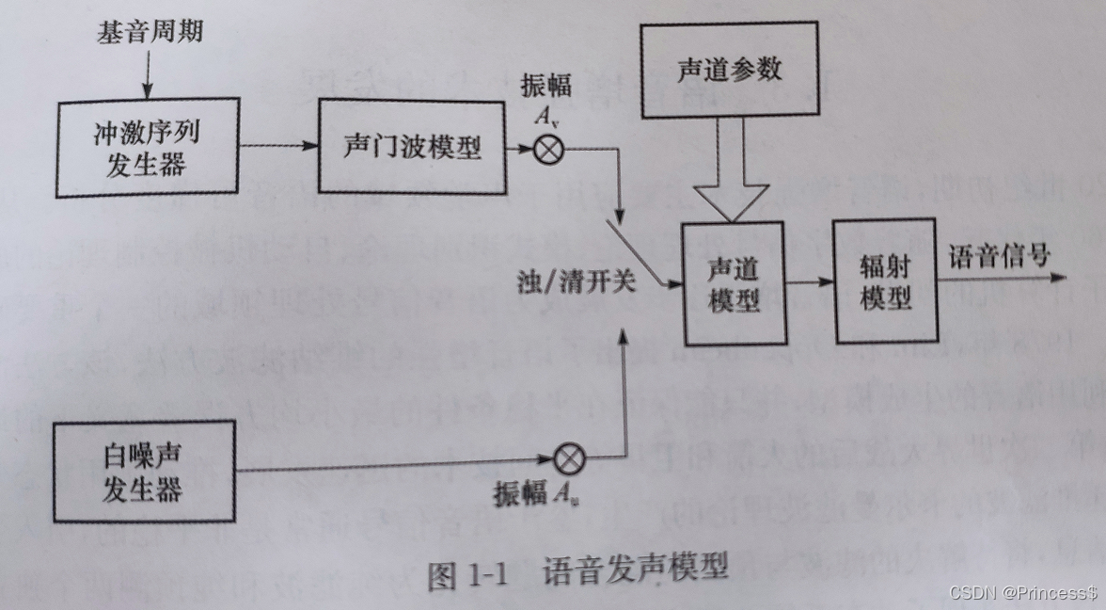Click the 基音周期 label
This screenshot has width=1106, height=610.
click(x=150, y=34)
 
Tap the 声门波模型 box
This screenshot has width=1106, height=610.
click(x=411, y=148)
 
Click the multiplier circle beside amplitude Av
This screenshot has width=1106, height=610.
click(x=547, y=151)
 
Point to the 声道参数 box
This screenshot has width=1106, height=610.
click(x=729, y=72)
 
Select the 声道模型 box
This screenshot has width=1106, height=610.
click(x=732, y=283)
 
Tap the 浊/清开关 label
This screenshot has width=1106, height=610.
click(x=576, y=281)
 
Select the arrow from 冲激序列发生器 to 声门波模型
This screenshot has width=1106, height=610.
click(x=276, y=147)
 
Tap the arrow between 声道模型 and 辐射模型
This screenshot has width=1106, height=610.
click(x=809, y=281)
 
